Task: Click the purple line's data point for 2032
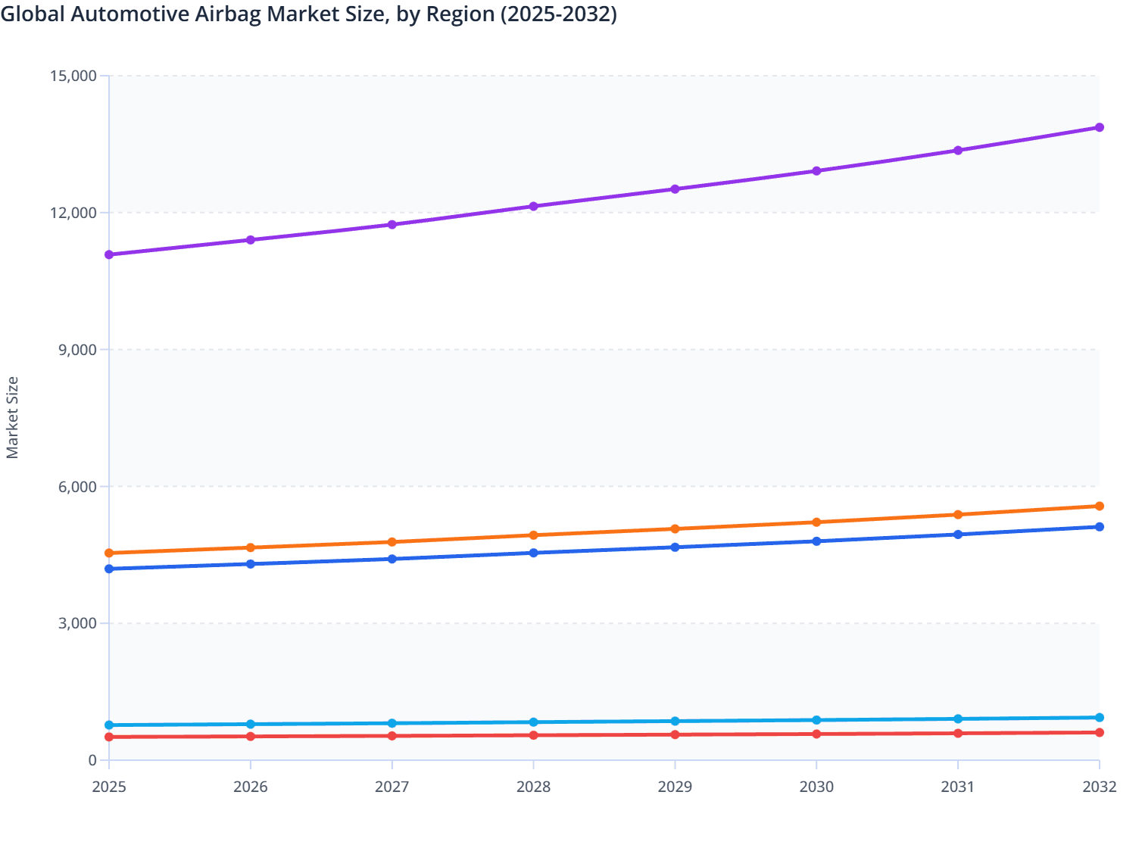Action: (x=1099, y=127)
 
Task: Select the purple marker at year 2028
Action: (x=533, y=206)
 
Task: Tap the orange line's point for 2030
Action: (x=816, y=522)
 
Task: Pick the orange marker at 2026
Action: (x=251, y=547)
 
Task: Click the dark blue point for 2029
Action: (x=675, y=547)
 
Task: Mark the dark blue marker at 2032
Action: (x=1099, y=527)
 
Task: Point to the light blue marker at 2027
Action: (x=392, y=723)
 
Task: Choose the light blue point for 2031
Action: (x=958, y=719)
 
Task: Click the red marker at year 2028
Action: (x=533, y=735)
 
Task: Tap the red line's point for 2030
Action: (x=816, y=734)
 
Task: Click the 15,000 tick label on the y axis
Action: (x=73, y=76)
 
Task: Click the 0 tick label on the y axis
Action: (x=92, y=761)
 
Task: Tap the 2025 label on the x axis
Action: (x=109, y=787)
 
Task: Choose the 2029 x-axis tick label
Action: (x=675, y=787)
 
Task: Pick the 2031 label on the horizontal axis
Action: (x=958, y=787)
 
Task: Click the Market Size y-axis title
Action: (x=12, y=418)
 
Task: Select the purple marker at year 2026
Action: (x=251, y=240)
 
